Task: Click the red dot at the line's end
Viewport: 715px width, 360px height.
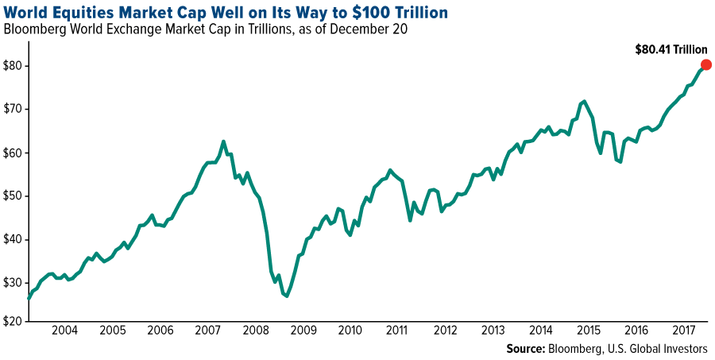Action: click(x=705, y=65)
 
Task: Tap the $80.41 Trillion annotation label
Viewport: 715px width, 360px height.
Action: click(x=671, y=49)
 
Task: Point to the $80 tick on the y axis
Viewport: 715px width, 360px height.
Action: click(x=14, y=66)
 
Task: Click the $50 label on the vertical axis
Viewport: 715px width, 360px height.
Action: click(x=14, y=195)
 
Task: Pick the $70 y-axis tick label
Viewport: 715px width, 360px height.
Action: click(x=14, y=109)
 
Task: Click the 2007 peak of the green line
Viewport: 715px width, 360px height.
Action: click(x=224, y=141)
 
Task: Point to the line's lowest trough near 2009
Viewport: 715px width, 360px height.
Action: click(x=286, y=296)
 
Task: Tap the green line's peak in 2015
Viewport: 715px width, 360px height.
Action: click(x=584, y=102)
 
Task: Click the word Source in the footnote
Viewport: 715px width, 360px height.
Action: click(x=524, y=349)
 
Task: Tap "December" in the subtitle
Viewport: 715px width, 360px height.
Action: click(x=307, y=30)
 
